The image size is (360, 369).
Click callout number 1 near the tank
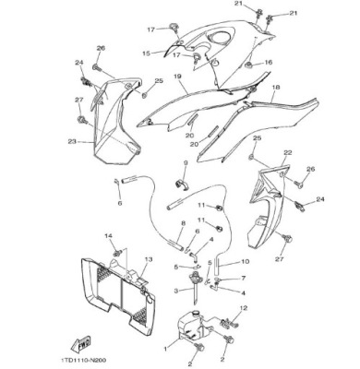(x=165, y=349)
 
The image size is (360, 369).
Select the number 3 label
(x=176, y=291)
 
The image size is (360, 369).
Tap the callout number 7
(x=244, y=279)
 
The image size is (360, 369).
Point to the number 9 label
(x=186, y=162)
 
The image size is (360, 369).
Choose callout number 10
(x=246, y=262)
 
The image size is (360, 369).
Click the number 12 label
(x=244, y=308)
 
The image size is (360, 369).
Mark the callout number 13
(x=149, y=259)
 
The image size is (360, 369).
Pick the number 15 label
(x=146, y=54)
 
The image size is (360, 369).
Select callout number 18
(x=276, y=88)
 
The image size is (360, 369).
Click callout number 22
(x=288, y=152)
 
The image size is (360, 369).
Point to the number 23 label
(x=72, y=142)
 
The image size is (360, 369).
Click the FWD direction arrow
(x=80, y=344)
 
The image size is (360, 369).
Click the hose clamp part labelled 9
(x=183, y=184)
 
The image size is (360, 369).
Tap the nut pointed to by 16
(x=248, y=65)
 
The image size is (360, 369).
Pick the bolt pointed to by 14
(x=117, y=253)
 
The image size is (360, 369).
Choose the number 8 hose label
(x=183, y=223)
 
